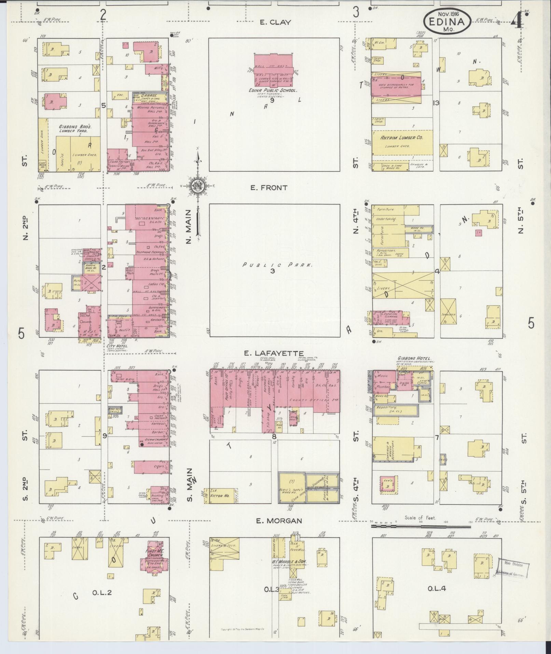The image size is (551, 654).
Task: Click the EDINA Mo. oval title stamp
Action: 447,22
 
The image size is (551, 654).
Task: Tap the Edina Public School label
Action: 273,91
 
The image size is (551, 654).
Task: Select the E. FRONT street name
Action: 273,188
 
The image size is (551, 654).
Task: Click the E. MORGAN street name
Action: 279,530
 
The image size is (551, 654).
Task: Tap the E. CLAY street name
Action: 275,23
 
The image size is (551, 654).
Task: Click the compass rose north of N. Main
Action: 197,186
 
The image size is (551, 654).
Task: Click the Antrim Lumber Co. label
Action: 402,137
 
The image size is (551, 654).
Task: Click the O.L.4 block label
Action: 437,588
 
